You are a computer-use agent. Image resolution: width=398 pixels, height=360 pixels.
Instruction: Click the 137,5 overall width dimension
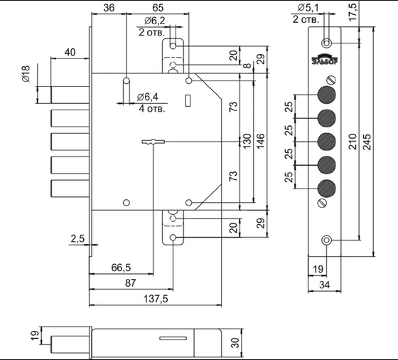click(156, 299)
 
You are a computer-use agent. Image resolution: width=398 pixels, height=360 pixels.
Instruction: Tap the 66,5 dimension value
click(121, 268)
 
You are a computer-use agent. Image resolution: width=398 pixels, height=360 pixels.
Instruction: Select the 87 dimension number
click(131, 282)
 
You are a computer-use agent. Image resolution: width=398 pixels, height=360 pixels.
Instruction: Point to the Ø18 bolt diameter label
click(26, 74)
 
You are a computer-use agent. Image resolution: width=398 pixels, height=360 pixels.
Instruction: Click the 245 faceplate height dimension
click(367, 142)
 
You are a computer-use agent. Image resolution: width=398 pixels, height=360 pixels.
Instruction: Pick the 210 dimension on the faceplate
click(353, 142)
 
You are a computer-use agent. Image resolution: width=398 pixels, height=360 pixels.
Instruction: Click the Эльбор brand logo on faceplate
click(325, 60)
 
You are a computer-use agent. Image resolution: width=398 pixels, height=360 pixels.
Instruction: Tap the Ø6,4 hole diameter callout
click(148, 97)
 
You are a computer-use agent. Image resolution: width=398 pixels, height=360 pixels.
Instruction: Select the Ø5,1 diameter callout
click(308, 8)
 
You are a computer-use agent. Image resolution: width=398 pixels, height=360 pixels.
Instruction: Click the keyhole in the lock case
click(153, 142)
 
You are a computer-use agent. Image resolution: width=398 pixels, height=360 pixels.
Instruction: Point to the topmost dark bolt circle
click(327, 95)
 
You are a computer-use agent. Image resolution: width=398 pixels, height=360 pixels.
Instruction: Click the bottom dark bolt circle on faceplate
click(327, 189)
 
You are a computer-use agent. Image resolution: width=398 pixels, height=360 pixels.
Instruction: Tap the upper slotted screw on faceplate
click(331, 80)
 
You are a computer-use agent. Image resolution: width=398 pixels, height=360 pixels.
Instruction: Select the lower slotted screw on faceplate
click(322, 203)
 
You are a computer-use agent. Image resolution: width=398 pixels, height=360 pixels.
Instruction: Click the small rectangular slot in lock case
click(188, 100)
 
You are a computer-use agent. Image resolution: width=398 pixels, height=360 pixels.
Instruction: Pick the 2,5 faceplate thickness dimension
click(77, 239)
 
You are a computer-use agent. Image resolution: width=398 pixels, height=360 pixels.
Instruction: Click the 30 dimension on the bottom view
click(235, 343)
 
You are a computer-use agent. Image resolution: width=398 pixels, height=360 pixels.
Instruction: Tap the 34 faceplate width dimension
click(324, 285)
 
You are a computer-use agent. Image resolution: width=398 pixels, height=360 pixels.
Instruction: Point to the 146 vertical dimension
click(261, 140)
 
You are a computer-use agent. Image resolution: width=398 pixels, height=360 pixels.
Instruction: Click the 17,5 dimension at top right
click(353, 11)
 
